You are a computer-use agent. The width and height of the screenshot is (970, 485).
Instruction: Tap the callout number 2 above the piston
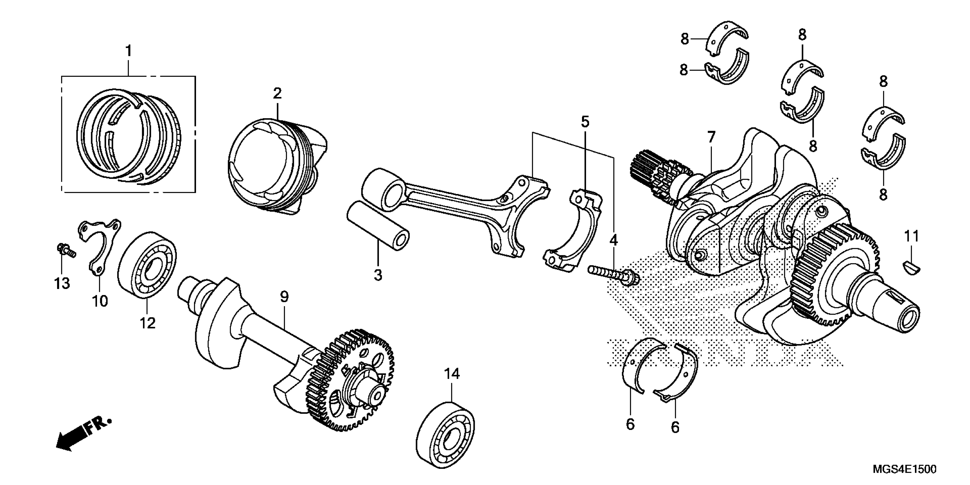(277, 93)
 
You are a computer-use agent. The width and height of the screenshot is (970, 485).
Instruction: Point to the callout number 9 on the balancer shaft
(284, 297)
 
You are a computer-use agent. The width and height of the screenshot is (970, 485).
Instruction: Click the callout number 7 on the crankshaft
(711, 138)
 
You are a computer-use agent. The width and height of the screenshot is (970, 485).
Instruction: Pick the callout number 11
(912, 237)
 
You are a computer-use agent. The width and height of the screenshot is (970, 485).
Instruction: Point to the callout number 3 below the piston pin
(378, 275)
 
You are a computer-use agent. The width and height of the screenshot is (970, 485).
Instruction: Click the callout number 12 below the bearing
(147, 323)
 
